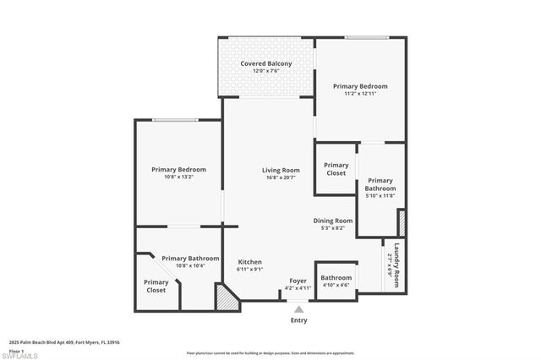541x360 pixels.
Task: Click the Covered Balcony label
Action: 265,64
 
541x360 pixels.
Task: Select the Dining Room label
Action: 332,221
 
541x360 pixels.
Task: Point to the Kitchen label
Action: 249,262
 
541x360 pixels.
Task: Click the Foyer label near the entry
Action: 298,281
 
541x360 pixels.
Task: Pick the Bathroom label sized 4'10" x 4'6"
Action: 336,277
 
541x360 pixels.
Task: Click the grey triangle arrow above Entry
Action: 298,310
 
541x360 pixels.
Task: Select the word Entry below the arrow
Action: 298,320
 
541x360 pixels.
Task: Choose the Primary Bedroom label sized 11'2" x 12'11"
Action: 360,86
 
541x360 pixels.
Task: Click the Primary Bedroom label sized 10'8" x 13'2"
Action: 178,170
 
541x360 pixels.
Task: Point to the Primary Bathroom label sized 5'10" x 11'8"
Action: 380,184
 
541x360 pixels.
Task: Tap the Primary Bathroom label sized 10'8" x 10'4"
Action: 190,259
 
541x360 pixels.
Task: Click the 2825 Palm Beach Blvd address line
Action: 64,342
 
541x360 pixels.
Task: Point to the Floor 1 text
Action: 17,349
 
